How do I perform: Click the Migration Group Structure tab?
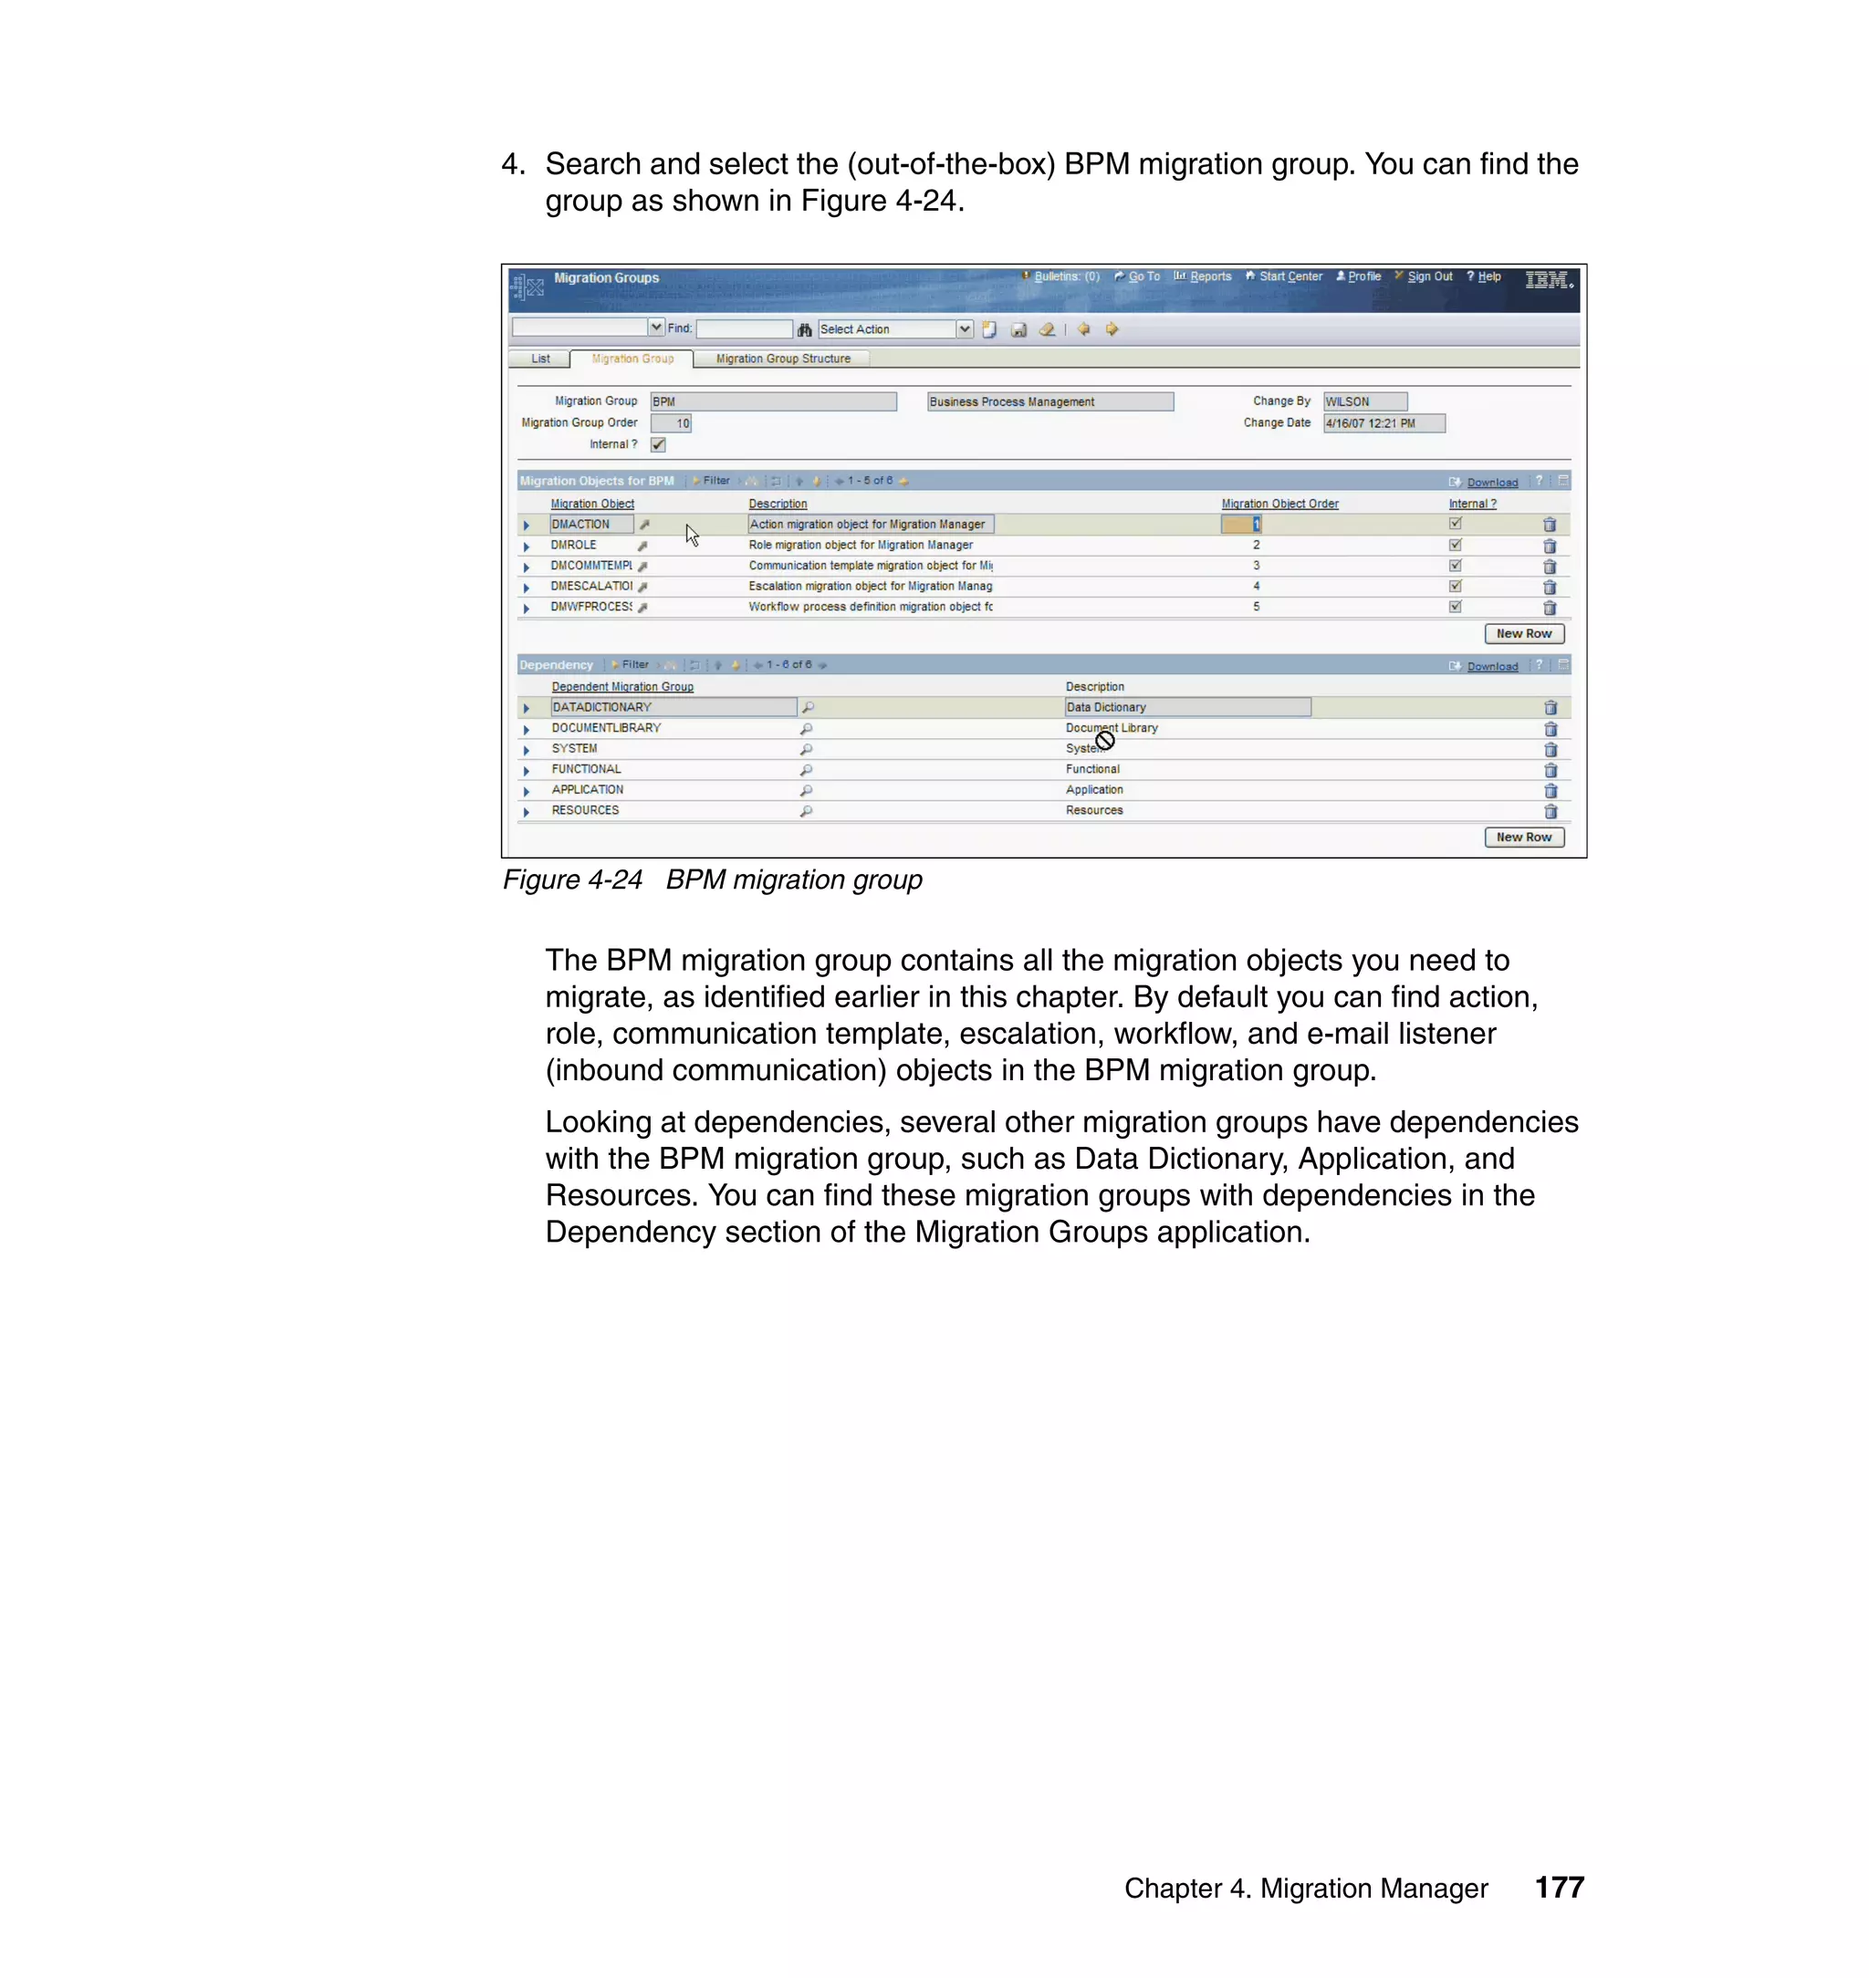[x=782, y=359]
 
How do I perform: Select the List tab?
[x=540, y=359]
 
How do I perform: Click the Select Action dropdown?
[x=893, y=329]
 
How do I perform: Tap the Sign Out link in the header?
[x=1428, y=276]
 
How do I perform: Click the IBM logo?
[x=1547, y=280]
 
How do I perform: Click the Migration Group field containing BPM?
[x=772, y=401]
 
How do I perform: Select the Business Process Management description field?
[x=1049, y=401]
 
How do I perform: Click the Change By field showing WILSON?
[x=1364, y=401]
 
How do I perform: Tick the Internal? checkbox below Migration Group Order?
[x=659, y=444]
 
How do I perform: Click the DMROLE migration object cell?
[x=574, y=545]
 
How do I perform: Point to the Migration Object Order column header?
[x=1279, y=504]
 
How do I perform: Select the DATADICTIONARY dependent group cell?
[x=673, y=707]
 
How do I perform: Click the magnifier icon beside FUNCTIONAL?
[x=806, y=770]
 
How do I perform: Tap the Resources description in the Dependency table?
[x=1094, y=811]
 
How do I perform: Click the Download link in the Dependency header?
[x=1491, y=666]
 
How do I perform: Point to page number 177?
[x=1558, y=1888]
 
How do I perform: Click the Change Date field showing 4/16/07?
[x=1383, y=423]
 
